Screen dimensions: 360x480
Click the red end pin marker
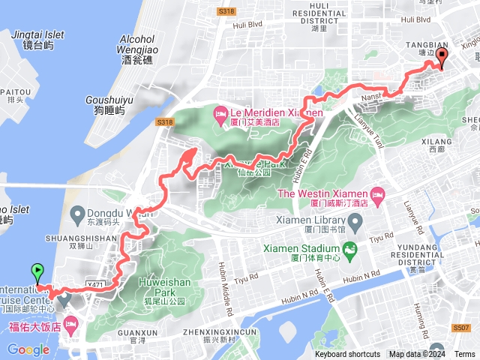click(x=442, y=58)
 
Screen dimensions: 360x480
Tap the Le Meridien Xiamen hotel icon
click(x=220, y=114)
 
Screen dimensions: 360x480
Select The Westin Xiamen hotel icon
click(x=379, y=193)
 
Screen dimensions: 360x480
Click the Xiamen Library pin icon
click(x=357, y=221)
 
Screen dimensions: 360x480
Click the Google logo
click(x=28, y=349)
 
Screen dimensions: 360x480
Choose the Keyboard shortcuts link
click(x=347, y=354)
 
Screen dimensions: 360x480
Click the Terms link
click(x=464, y=354)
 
